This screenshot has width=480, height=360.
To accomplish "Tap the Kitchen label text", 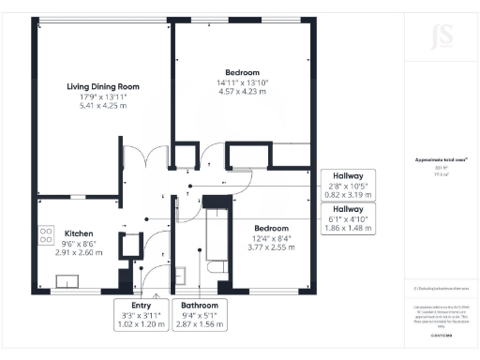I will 78,232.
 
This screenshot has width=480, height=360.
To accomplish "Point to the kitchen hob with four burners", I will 43,234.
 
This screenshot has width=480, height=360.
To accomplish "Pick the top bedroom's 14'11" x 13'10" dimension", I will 241,82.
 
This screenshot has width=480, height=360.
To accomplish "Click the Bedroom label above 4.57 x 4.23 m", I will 241,71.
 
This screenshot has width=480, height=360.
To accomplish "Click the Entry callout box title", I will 141,306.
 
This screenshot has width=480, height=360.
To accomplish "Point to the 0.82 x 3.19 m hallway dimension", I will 348,195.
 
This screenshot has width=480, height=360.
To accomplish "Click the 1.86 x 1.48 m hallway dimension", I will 348,228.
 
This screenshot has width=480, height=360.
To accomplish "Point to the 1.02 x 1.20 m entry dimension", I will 141,324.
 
